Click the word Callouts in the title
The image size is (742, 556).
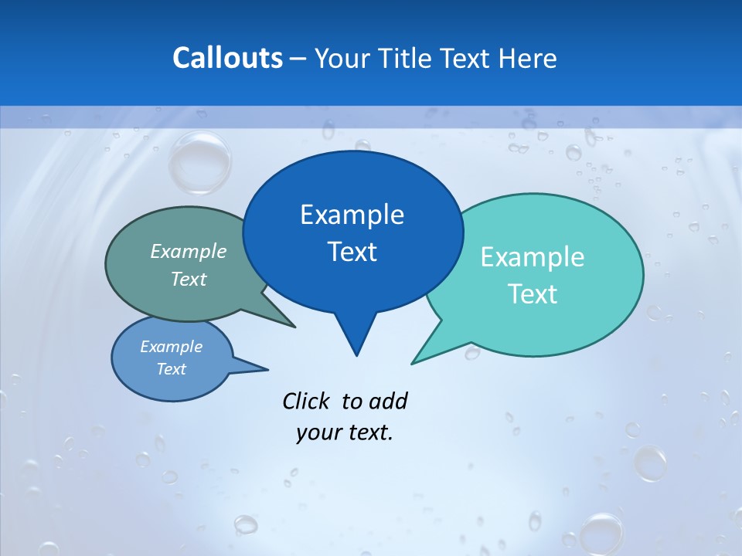tap(227, 58)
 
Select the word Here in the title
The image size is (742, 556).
tap(528, 58)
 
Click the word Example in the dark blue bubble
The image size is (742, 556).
tap(352, 215)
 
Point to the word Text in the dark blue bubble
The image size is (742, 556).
tap(352, 252)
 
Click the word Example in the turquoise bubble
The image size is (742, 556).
tap(532, 257)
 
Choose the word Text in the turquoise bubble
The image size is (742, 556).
tap(532, 294)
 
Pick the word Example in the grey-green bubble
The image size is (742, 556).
tap(189, 251)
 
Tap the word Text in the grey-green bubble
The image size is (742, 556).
tap(189, 279)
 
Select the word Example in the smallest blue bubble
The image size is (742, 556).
tap(171, 347)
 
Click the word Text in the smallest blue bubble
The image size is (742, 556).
tap(171, 369)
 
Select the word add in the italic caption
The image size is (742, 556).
tap(388, 401)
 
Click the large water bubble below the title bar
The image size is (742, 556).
tap(199, 162)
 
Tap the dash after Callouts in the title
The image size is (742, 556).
tap(298, 59)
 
